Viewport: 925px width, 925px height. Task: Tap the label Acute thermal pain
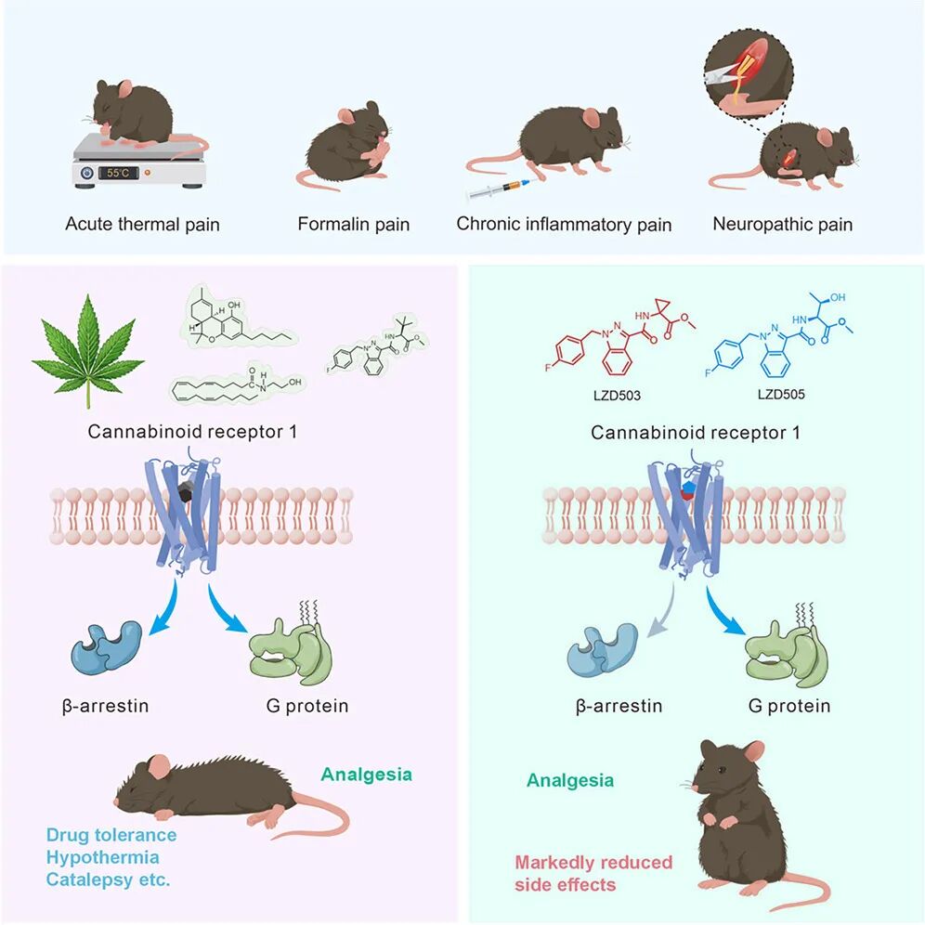point(142,224)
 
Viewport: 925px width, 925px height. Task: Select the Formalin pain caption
point(353,224)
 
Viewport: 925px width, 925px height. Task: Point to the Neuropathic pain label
point(782,224)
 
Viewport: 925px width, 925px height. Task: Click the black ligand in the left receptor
point(187,495)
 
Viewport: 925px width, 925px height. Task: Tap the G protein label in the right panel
point(789,706)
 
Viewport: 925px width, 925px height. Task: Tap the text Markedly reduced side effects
point(593,873)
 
